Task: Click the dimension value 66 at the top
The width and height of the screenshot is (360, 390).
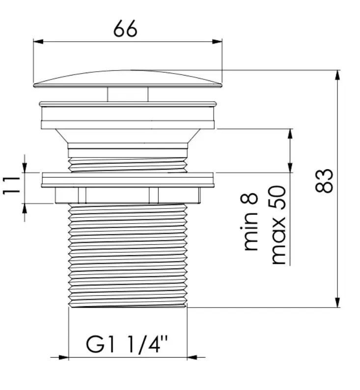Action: (x=125, y=29)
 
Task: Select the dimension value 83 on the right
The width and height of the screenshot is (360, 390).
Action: (x=324, y=181)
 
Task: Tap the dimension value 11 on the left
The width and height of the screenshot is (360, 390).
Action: (x=11, y=185)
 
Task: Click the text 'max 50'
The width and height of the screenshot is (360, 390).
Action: (x=278, y=225)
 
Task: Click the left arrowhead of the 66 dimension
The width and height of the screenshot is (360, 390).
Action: (x=38, y=42)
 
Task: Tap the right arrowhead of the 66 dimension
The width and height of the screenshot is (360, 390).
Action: (x=217, y=42)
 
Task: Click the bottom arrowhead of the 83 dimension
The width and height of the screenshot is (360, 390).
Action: (x=337, y=302)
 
